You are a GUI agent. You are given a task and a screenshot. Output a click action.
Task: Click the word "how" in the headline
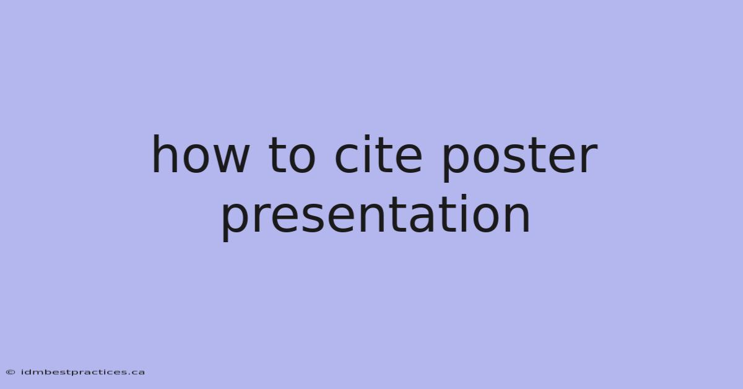[201, 154]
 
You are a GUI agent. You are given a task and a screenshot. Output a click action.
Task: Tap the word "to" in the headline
[292, 155]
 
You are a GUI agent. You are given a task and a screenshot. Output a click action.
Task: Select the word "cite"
[378, 154]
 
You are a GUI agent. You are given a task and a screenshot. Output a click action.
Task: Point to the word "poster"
[519, 159]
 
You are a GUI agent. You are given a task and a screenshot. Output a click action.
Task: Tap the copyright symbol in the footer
[11, 372]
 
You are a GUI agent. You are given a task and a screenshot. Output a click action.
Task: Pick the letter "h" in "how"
[165, 154]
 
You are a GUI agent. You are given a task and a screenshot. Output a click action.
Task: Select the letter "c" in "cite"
[346, 159]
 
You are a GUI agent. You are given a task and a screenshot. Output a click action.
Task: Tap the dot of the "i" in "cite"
[367, 138]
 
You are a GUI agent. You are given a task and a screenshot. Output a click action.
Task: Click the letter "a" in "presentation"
[422, 219]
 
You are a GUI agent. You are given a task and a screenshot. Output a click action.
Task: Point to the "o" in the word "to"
[303, 159]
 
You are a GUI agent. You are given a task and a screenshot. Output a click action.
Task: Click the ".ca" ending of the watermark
[137, 373]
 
